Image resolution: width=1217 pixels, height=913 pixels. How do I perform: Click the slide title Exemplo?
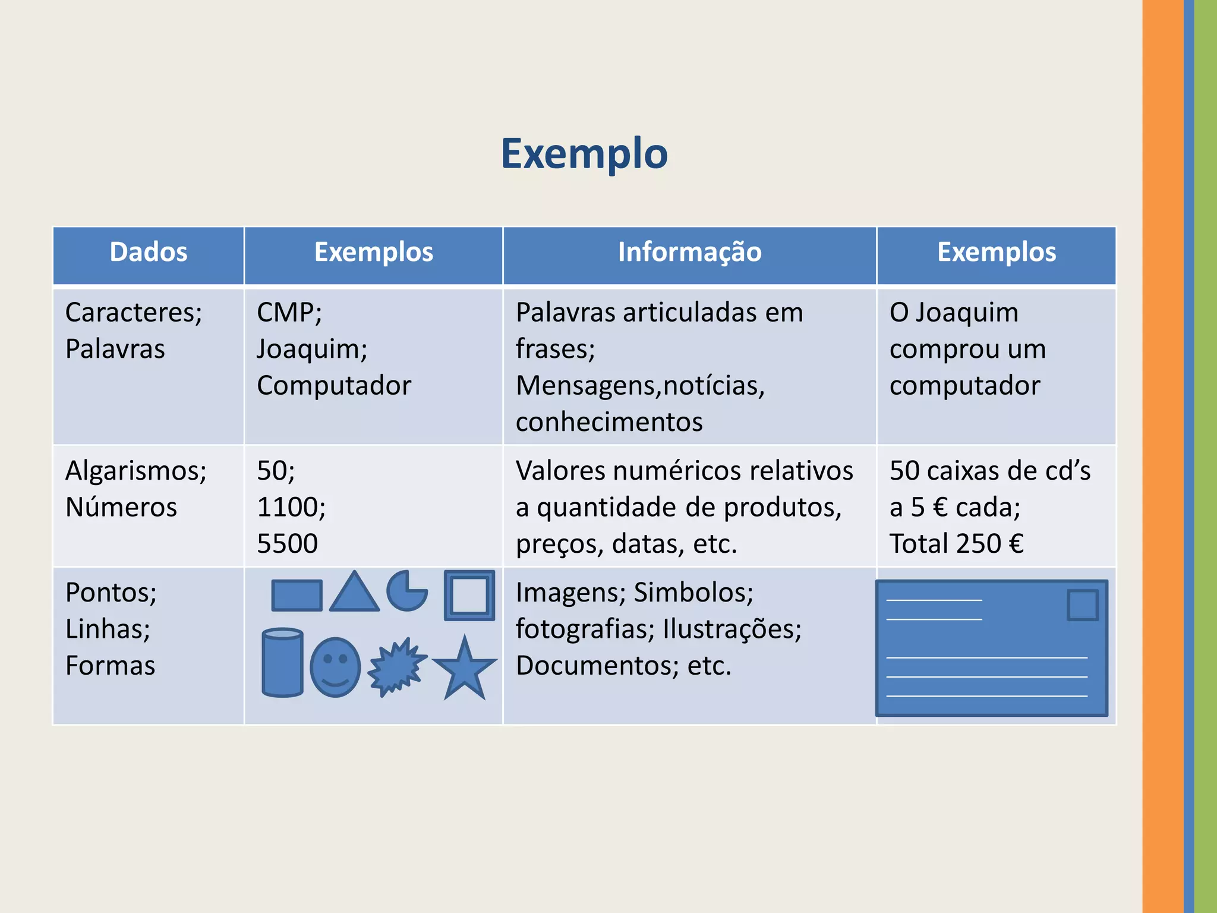tap(584, 154)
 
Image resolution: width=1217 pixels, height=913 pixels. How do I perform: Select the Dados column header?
tap(149, 252)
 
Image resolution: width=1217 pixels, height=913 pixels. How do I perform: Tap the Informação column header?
tap(689, 252)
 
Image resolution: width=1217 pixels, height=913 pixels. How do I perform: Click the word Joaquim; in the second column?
tap(312, 349)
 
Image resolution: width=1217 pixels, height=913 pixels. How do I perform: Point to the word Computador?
tap(334, 386)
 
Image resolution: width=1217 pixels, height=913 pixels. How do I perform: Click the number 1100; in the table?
tap(291, 508)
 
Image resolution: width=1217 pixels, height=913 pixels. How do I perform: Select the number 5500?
tap(288, 544)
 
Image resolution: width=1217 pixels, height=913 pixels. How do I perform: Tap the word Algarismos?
tap(136, 471)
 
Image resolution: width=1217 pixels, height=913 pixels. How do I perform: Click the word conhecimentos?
tap(609, 422)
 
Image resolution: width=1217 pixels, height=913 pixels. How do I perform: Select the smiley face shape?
tap(335, 667)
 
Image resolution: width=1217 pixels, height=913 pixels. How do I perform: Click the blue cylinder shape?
tap(283, 662)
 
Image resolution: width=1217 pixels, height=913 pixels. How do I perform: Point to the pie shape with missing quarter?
tap(406, 592)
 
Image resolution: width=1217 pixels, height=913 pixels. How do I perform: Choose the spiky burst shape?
tap(396, 667)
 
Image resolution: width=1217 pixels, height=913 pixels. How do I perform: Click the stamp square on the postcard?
tap(1082, 605)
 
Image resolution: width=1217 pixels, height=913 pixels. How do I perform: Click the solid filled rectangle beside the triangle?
tap(297, 596)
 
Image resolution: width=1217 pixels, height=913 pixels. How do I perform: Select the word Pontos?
tap(111, 593)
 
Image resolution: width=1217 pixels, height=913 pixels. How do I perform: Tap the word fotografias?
tap(585, 629)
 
